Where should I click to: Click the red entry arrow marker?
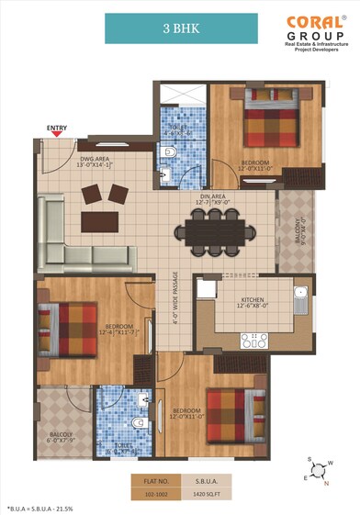[58, 135]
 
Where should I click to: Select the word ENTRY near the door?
[57, 127]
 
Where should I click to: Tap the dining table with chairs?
[217, 232]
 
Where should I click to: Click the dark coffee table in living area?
[102, 221]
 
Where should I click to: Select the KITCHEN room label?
[253, 301]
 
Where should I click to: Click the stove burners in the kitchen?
[253, 339]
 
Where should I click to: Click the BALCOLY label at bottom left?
[62, 435]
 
